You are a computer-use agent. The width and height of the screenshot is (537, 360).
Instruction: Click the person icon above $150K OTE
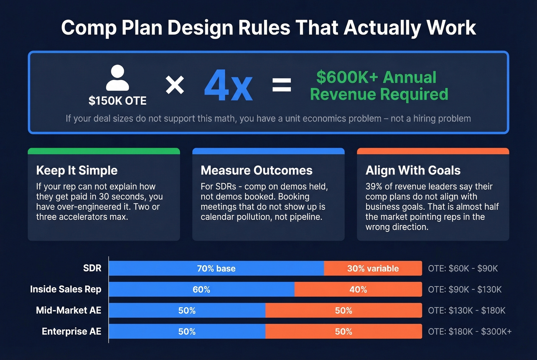(x=117, y=78)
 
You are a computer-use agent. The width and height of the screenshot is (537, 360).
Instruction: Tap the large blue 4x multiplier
(x=228, y=85)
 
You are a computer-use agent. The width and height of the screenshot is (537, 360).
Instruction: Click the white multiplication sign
(x=175, y=85)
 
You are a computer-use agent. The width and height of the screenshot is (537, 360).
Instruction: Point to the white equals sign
(x=282, y=85)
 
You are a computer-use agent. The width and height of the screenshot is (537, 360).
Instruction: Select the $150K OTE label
(x=117, y=101)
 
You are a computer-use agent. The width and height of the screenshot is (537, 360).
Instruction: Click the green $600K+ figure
(x=347, y=77)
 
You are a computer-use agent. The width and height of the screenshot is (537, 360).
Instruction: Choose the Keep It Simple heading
(x=77, y=170)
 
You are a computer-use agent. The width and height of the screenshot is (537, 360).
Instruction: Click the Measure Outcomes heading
(x=256, y=170)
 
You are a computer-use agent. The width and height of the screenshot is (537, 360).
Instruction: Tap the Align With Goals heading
(x=413, y=170)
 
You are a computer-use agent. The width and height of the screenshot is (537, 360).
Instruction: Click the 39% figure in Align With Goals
(x=373, y=187)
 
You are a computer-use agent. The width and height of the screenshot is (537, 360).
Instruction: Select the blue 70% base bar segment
(x=216, y=268)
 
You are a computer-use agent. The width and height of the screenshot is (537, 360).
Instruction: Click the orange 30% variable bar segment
(x=373, y=268)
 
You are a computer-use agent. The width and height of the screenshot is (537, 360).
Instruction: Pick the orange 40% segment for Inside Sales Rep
(x=358, y=289)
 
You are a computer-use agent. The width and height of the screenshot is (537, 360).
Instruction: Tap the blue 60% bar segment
(x=201, y=289)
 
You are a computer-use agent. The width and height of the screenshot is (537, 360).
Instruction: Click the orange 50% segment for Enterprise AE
(x=344, y=332)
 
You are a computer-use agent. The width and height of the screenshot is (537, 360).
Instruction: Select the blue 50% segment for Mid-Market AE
(x=187, y=311)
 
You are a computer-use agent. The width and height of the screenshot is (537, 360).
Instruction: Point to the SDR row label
(x=92, y=268)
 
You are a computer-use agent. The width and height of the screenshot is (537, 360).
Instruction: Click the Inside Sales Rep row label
(x=66, y=289)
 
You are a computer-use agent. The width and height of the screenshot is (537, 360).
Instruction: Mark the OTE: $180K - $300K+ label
(x=469, y=332)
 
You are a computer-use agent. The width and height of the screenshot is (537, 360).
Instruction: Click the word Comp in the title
(x=88, y=28)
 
